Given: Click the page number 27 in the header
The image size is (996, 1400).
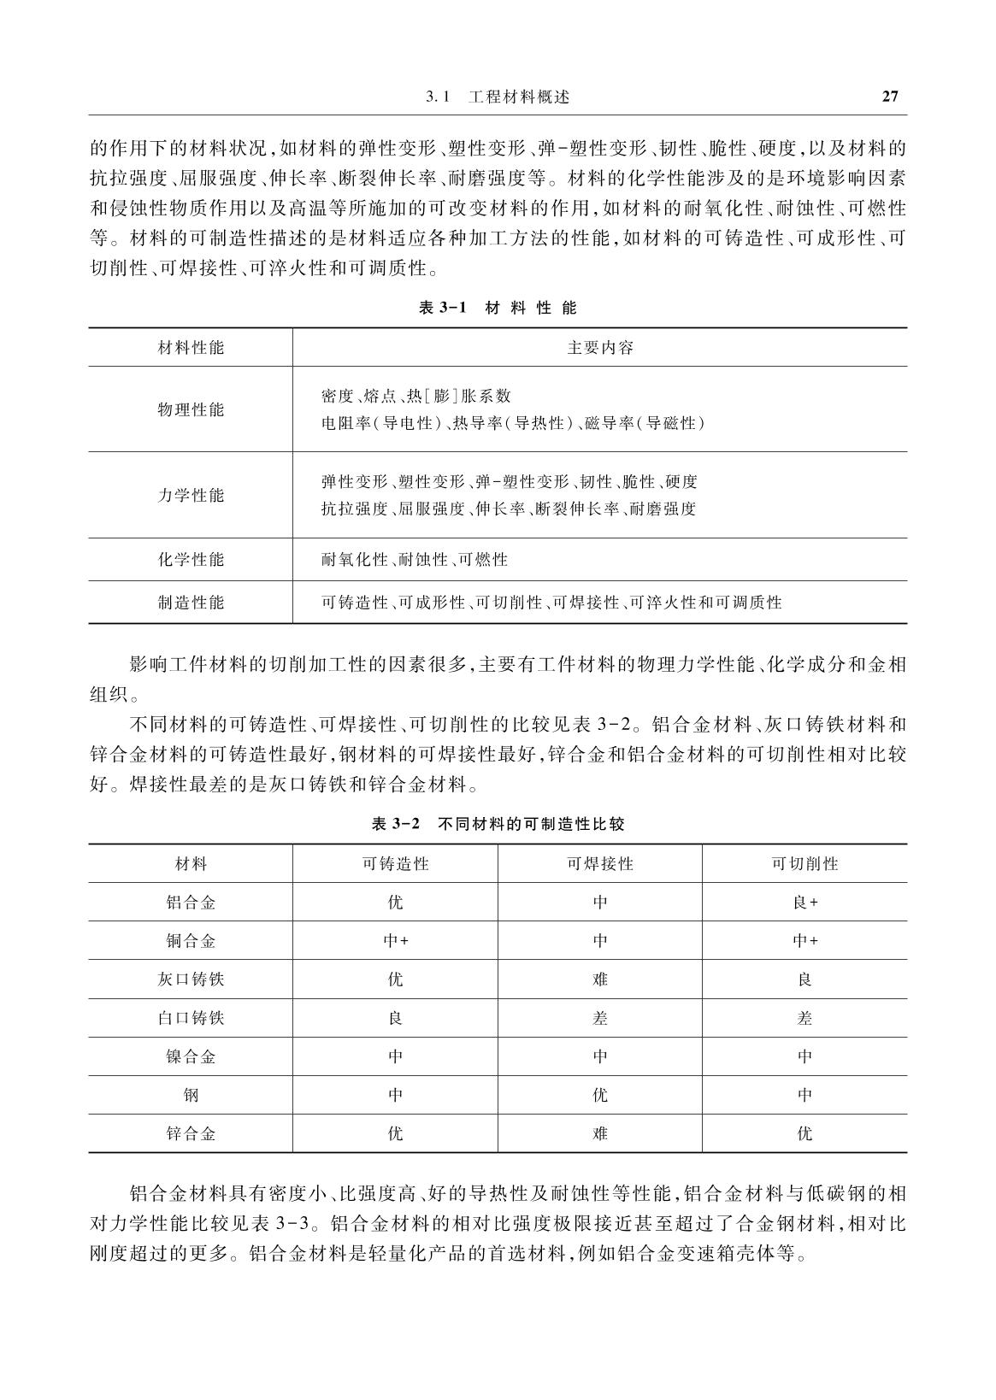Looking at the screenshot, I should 889,97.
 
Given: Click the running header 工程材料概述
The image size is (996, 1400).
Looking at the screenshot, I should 519,97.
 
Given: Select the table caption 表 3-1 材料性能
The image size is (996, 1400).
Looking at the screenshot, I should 498,308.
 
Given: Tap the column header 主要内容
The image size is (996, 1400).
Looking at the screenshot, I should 600,348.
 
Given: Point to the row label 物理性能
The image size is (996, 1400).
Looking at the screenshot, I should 191,409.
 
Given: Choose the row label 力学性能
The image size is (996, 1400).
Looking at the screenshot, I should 191,495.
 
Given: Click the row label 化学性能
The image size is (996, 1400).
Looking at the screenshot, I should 191,560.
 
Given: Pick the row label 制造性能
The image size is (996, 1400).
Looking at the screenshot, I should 191,603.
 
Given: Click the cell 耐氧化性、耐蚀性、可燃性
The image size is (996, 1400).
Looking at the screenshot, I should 415,560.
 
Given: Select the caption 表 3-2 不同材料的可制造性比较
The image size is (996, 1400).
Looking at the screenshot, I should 498,825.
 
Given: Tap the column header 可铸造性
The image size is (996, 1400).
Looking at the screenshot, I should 395,864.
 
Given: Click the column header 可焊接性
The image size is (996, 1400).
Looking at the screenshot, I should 600,864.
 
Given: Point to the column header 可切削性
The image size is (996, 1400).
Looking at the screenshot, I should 804,864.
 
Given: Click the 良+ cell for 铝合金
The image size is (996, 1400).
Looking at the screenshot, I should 805,903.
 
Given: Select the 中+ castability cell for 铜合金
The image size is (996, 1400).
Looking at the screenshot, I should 395,941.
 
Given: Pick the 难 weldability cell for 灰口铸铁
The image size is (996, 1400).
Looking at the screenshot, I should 600,979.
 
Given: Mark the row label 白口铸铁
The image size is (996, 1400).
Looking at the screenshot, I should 191,1018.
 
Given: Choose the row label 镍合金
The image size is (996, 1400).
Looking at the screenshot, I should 191,1056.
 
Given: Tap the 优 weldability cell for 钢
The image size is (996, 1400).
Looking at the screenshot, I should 600,1095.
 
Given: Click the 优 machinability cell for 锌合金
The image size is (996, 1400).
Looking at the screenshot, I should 804,1133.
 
